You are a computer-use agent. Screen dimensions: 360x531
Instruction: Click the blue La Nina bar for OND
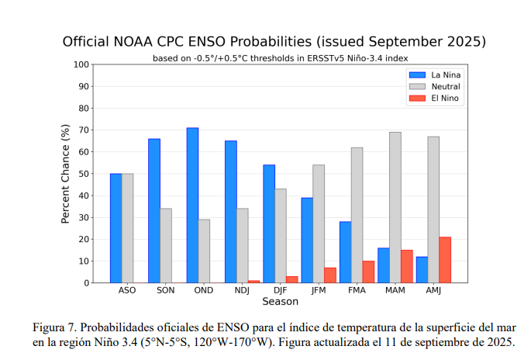[192, 206]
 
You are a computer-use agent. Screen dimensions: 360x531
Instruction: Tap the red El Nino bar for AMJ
[445, 260]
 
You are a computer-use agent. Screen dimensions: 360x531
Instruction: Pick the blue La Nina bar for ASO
[116, 228]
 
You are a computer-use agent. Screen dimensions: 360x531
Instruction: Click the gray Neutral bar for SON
[166, 245]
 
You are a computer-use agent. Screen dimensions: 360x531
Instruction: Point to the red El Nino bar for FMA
[368, 272]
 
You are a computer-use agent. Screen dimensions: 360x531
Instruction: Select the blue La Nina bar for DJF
[269, 223]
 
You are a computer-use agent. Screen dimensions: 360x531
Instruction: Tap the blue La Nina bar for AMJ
[422, 269]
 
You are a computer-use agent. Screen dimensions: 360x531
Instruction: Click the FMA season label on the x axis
[357, 291]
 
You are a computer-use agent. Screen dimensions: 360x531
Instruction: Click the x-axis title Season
[280, 301]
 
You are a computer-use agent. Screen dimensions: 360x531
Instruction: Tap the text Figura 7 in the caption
[55, 326]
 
